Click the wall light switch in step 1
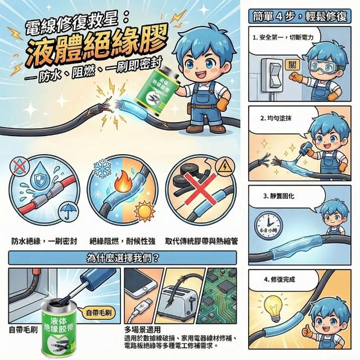pyautogui.click(x=272, y=75)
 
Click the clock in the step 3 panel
pyautogui.click(x=268, y=225)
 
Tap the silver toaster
pyautogui.click(x=178, y=303)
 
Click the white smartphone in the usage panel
pyautogui.click(x=140, y=283)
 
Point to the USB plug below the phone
pyautogui.click(x=144, y=305)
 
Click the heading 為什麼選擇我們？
pyautogui.click(x=123, y=258)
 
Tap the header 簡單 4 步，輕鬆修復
pyautogui.click(x=300, y=16)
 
